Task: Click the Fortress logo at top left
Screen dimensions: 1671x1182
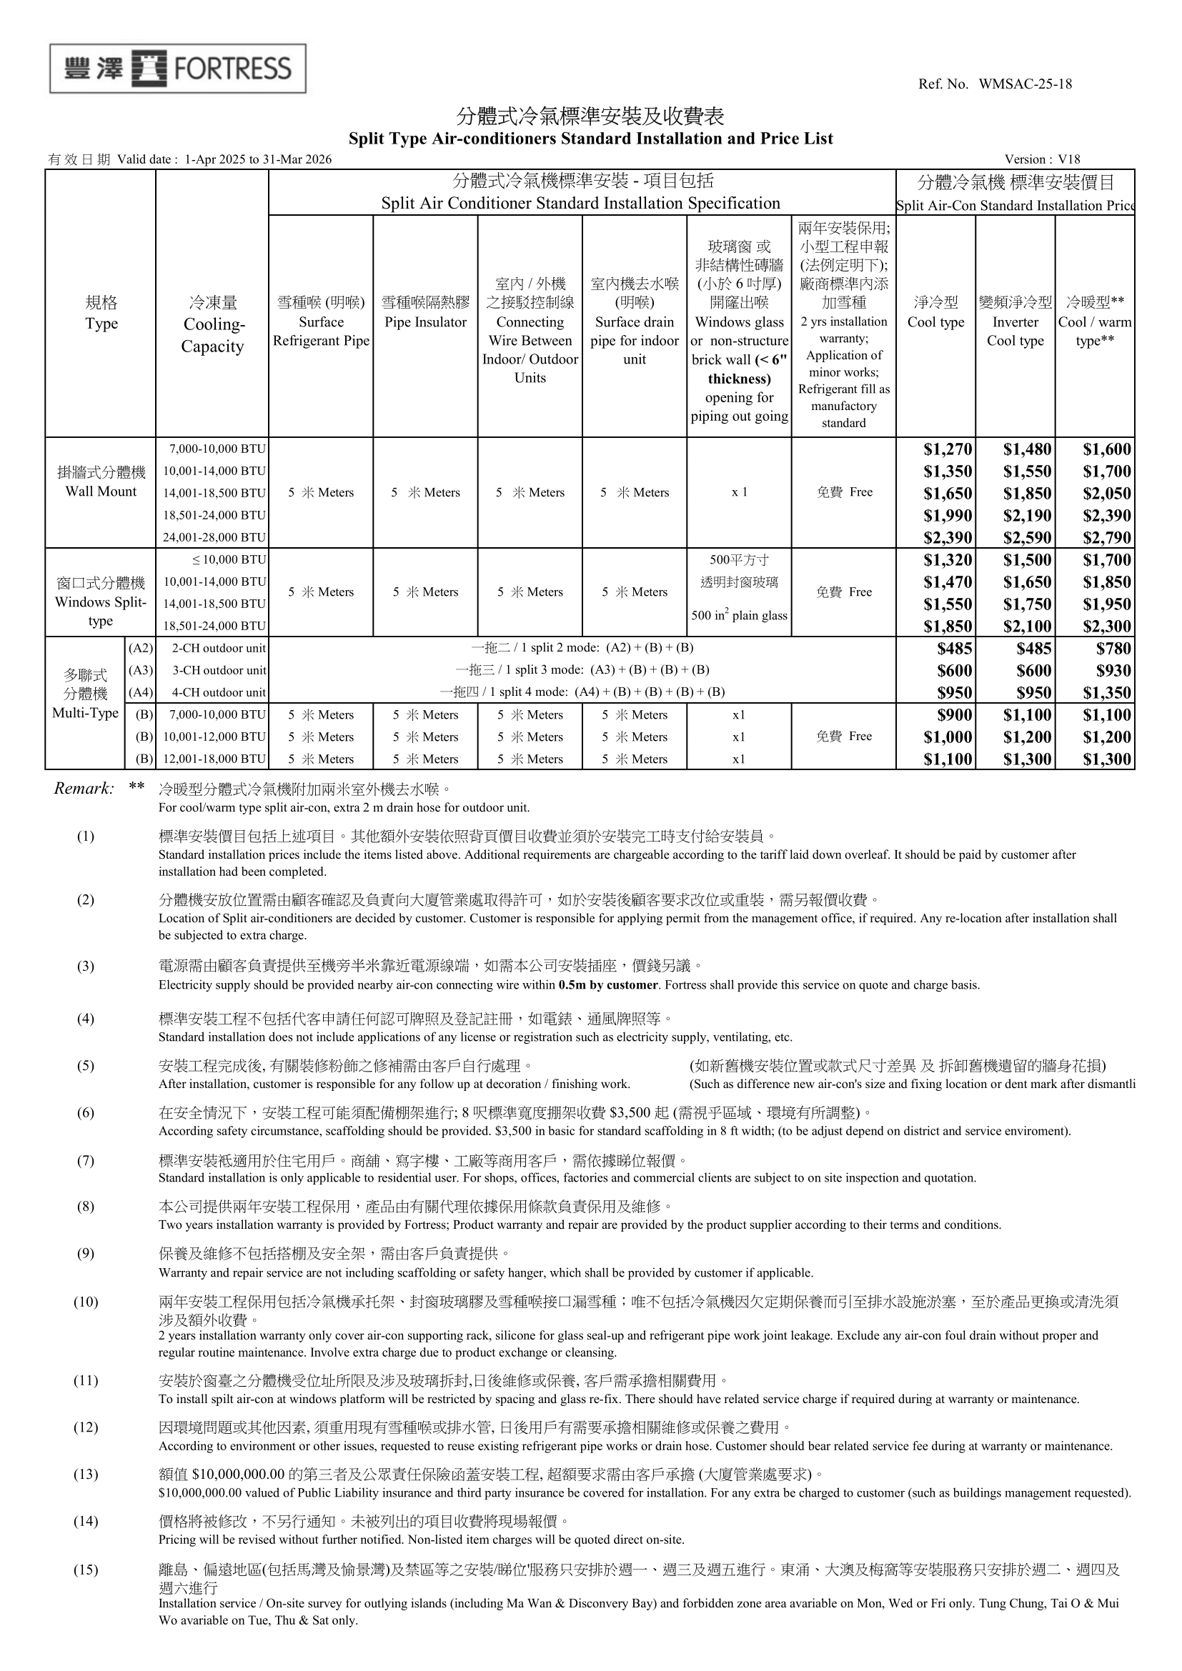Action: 178,69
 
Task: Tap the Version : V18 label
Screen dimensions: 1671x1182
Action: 1041,159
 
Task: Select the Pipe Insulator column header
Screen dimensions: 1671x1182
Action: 425,322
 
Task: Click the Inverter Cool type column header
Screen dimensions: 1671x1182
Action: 1015,331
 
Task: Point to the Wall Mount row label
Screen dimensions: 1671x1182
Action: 101,492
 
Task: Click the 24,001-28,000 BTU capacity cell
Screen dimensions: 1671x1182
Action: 214,538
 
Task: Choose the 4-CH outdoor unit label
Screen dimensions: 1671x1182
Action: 219,693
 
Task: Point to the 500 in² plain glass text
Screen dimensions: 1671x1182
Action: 739,616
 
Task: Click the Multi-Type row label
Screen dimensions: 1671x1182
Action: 85,713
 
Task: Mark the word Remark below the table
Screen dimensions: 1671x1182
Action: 84,789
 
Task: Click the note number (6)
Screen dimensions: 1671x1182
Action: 85,1113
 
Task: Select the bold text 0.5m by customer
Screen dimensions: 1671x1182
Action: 607,985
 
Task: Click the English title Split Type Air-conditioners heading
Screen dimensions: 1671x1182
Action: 590,139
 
